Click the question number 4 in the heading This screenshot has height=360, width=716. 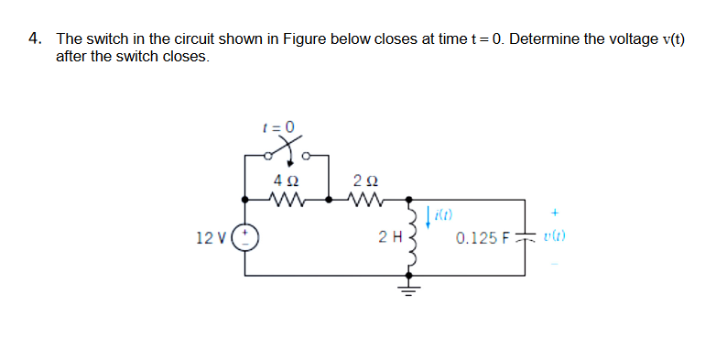[33, 39]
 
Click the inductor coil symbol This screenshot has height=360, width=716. [409, 239]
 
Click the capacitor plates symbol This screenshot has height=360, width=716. [526, 238]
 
